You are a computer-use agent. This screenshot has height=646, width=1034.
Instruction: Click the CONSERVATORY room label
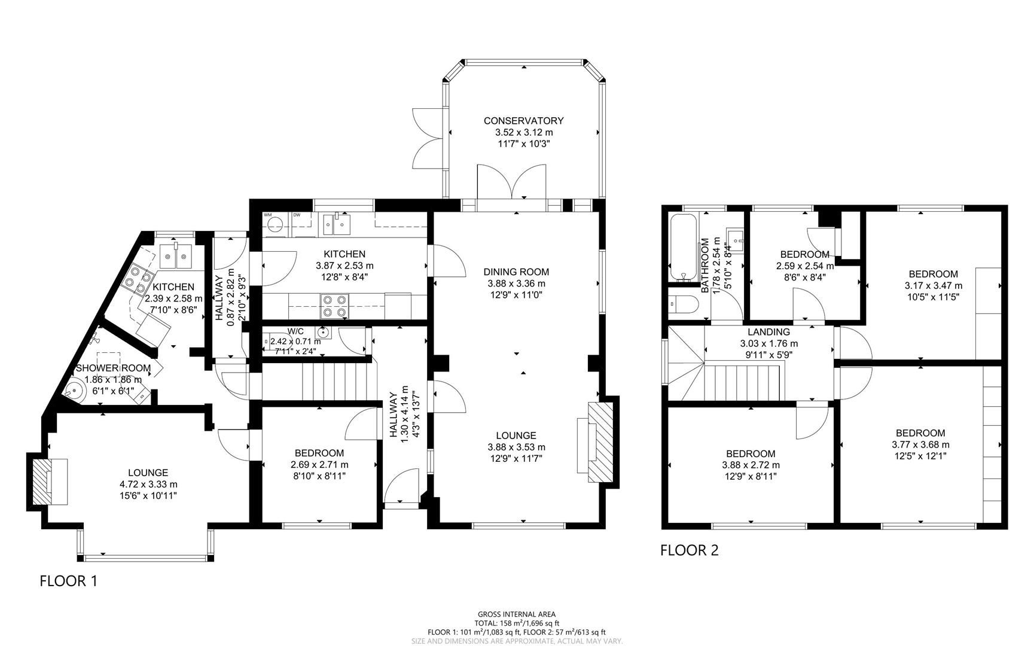pos(523,121)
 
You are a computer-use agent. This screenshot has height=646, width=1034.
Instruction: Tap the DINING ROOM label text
pos(516,272)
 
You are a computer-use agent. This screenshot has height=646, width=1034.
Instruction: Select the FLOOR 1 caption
pos(68,581)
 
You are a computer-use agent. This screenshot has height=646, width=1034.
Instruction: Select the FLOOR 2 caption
pos(689,550)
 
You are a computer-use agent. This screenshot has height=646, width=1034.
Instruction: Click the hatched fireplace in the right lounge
pos(601,442)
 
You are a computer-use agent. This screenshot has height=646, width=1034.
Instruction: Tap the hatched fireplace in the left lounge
pos(42,482)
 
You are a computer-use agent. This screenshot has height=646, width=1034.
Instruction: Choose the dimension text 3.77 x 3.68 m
pos(920,444)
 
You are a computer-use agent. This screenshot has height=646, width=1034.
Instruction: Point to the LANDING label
pos(768,332)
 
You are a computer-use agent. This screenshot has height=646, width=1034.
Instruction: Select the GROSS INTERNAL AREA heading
pos(516,614)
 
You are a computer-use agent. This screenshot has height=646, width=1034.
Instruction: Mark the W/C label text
pos(295,331)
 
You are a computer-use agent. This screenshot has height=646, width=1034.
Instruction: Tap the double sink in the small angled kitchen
pos(175,256)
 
